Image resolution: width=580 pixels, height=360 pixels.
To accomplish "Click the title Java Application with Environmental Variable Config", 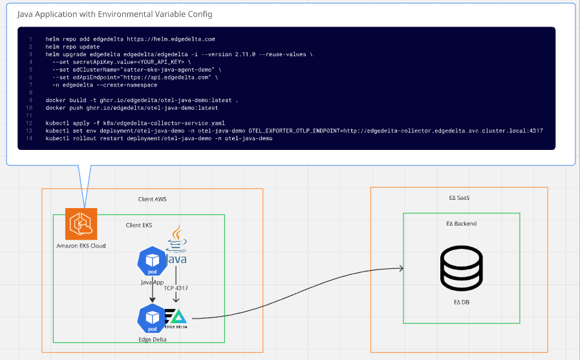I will coord(114,14).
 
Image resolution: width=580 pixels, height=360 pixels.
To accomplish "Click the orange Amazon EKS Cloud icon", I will coord(81,224).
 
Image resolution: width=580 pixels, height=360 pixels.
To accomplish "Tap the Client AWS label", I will coord(152,199).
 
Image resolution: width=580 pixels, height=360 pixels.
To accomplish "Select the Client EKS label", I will coord(140,225).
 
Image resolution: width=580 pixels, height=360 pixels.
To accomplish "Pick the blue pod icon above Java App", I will coord(153,260).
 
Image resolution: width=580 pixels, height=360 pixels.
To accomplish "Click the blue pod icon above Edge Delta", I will coord(153,317).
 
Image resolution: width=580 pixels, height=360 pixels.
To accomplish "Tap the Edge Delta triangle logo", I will coord(177,317).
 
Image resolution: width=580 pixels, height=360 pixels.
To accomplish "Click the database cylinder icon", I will coord(461,269).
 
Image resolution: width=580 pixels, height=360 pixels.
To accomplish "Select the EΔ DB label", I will coord(461,301).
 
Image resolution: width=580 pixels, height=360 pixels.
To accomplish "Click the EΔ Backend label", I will coord(461,224).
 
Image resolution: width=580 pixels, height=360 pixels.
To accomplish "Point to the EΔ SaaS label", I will coord(458,198).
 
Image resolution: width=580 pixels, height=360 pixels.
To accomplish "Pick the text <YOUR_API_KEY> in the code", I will coord(156,62).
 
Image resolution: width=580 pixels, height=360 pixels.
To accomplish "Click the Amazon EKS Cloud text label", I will coord(81,246).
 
